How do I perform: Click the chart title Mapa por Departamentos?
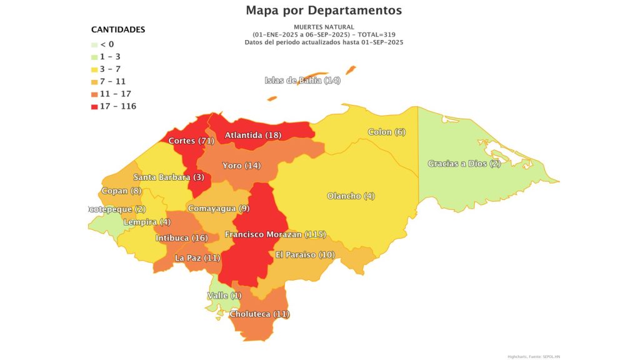(x=324, y=10)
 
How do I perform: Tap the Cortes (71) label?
(x=191, y=141)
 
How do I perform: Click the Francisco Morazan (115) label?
(x=276, y=234)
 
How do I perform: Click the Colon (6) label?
(x=387, y=132)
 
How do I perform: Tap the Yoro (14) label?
(x=241, y=166)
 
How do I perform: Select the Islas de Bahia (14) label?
(x=302, y=80)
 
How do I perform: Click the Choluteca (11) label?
(x=260, y=314)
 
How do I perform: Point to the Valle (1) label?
(x=224, y=295)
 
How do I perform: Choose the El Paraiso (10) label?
(x=305, y=255)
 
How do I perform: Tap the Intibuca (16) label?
(x=181, y=238)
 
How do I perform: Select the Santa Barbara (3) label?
(x=169, y=177)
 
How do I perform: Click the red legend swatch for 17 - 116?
(x=94, y=106)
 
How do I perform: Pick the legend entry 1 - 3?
(x=110, y=57)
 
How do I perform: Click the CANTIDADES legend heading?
(x=118, y=29)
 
